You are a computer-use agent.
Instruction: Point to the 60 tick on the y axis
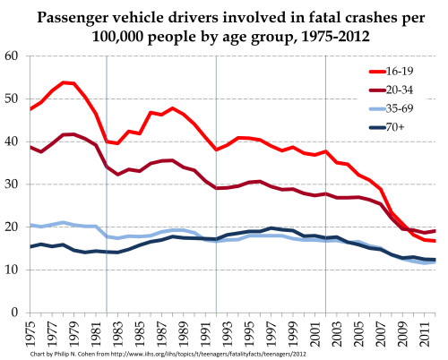(13, 56)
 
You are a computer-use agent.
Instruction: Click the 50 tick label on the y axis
(13, 99)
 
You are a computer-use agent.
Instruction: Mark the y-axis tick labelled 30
(13, 184)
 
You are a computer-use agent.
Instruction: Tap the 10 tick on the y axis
(13, 270)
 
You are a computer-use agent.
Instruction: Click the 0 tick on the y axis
(16, 313)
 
